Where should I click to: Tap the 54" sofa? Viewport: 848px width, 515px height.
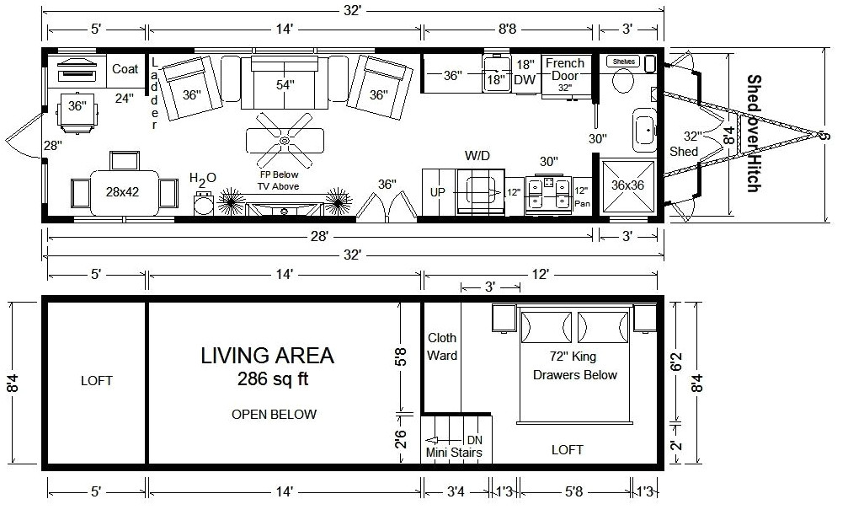(x=285, y=85)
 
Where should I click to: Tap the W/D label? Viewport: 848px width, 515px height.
(x=477, y=156)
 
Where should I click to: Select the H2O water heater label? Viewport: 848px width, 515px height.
(x=202, y=179)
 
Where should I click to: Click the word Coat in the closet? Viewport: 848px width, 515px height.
(x=125, y=69)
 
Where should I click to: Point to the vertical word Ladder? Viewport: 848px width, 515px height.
(x=155, y=93)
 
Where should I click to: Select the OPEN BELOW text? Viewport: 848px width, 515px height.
(x=275, y=414)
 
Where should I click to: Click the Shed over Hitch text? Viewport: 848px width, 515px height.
(x=753, y=133)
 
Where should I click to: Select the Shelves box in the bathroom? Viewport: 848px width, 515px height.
(x=624, y=62)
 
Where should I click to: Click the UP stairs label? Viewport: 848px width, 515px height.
(x=437, y=192)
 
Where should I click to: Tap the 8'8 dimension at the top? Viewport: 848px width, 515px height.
(x=508, y=30)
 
